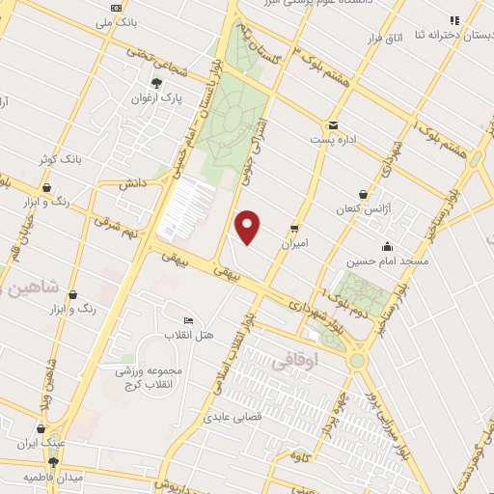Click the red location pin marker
[249, 227]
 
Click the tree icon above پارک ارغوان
[156, 84]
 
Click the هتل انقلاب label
[187, 335]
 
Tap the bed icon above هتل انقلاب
[187, 320]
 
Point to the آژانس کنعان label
[363, 209]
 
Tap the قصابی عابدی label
[228, 419]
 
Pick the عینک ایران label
[41, 445]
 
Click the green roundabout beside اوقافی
[359, 360]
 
